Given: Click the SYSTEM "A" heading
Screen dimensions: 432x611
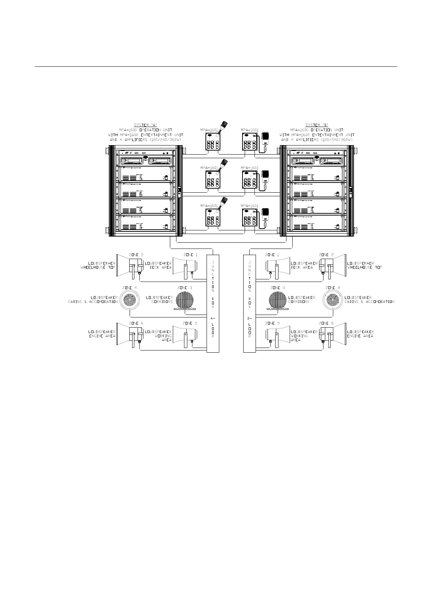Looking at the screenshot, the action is pyautogui.click(x=146, y=125).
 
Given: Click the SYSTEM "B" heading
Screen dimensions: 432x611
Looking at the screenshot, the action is pyautogui.click(x=317, y=125).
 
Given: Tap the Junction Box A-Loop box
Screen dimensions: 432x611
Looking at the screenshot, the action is pyautogui.click(x=213, y=303).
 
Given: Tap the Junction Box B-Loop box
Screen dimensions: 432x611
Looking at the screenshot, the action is pyautogui.click(x=249, y=303).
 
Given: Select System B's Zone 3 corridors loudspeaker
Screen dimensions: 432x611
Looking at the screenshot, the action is pyautogui.click(x=278, y=300).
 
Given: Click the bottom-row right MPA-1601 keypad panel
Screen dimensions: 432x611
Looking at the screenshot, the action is pyautogui.click(x=249, y=218).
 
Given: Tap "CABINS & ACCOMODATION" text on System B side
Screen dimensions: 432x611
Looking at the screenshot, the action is pyautogui.click(x=369, y=302).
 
